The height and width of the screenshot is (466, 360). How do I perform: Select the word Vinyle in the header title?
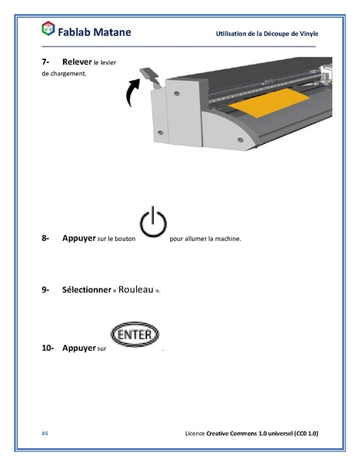(307, 33)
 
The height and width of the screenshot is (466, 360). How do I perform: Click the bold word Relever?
(76, 61)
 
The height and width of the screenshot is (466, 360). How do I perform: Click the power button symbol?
(152, 223)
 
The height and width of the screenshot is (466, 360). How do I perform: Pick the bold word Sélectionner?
(86, 289)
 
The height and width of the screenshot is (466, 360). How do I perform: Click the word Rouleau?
(136, 289)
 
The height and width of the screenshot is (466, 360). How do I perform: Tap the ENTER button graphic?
(135, 336)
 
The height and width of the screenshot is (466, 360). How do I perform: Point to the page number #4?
(45, 432)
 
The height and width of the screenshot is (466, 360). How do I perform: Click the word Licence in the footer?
(195, 432)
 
